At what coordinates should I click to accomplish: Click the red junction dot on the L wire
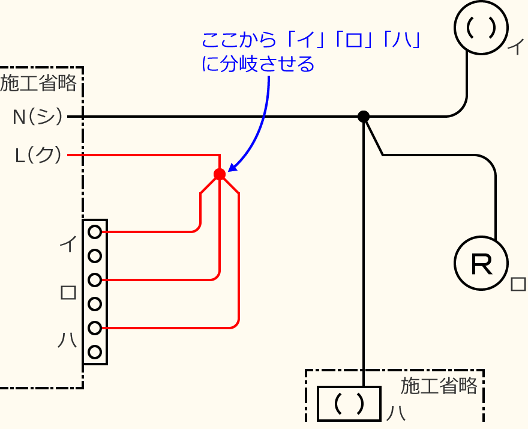point(220,174)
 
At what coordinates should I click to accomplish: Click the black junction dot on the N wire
point(363,117)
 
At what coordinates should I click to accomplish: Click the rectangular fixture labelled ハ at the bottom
point(349,404)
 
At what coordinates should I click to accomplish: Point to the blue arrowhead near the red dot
point(232,168)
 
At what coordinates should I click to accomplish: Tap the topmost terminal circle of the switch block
point(94,231)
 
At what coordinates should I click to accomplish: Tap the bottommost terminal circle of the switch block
point(94,352)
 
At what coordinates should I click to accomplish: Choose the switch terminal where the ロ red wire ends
point(94,280)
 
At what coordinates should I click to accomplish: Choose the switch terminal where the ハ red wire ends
point(94,328)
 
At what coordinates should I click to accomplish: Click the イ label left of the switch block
point(67,244)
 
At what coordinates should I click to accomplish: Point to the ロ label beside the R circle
point(517,284)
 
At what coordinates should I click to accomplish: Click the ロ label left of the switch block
point(68,293)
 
